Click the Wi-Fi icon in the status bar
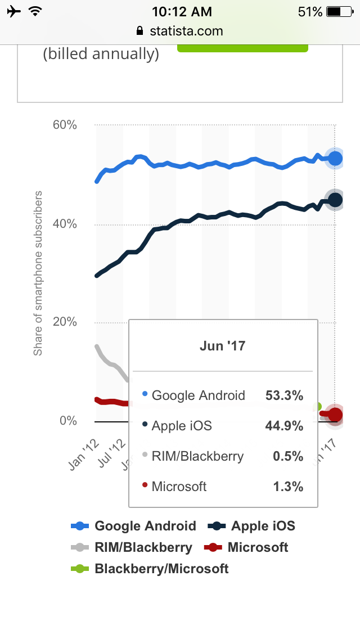click(x=36, y=11)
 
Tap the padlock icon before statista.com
click(x=140, y=31)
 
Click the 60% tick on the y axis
click(x=65, y=125)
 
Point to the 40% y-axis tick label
click(x=65, y=224)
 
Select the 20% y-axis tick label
click(x=65, y=322)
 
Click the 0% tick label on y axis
click(x=68, y=421)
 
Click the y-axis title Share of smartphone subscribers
click(x=38, y=273)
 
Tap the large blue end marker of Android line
click(x=335, y=159)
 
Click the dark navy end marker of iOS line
click(x=335, y=200)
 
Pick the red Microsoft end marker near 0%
click(x=335, y=415)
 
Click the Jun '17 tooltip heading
click(x=223, y=345)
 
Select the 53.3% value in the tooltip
click(x=284, y=395)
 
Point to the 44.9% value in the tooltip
click(x=284, y=426)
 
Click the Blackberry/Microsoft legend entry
click(x=150, y=569)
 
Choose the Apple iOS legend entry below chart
click(x=251, y=526)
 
